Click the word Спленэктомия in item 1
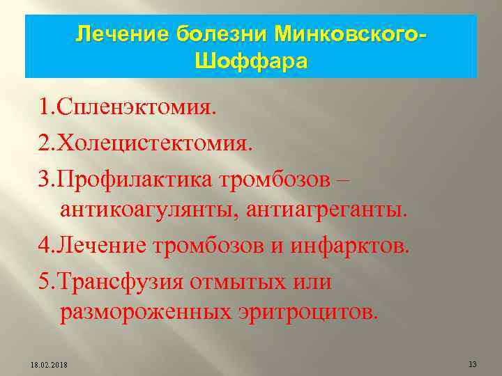[x=137, y=108]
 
